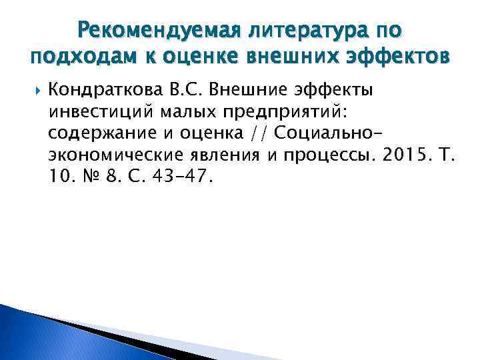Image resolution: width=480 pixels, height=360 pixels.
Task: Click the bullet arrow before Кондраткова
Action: click(x=35, y=89)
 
